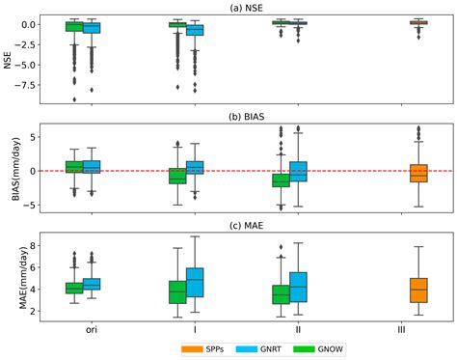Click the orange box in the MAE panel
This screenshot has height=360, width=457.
(x=417, y=290)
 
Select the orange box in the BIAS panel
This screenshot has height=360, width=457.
(x=417, y=172)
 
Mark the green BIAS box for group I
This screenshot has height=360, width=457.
(x=176, y=176)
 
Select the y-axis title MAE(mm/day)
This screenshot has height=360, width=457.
(x=11, y=278)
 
